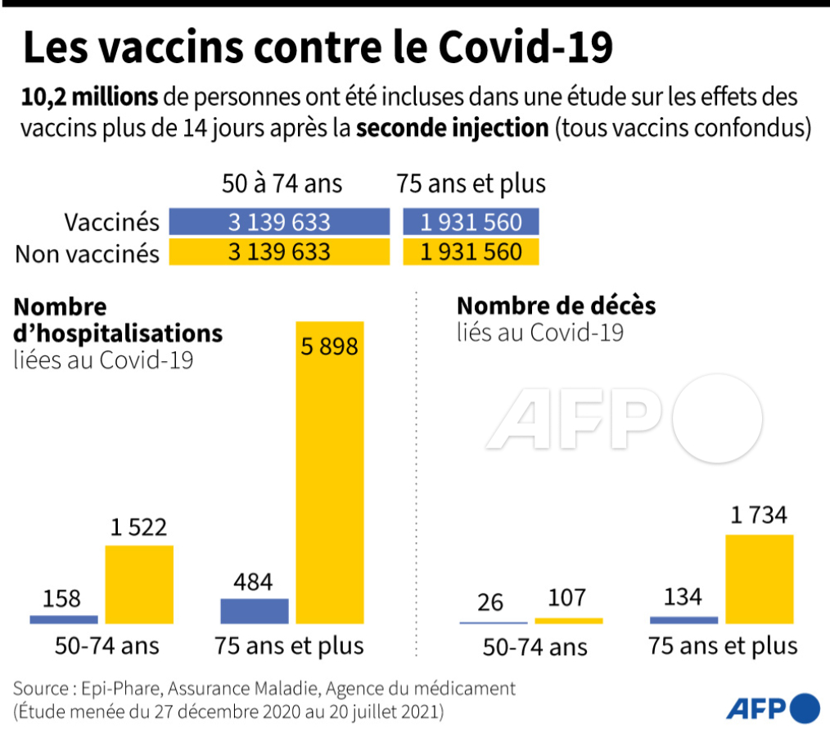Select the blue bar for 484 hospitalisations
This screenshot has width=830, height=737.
coord(255,611)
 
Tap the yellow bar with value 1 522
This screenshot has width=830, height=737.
coord(139,585)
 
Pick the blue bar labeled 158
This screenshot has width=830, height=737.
coord(64,620)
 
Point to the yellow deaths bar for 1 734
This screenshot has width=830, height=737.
coord(760,579)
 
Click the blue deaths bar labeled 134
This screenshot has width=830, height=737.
coord(683,620)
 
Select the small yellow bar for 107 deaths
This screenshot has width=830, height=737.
coord(569,621)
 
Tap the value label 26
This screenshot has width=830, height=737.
coord(490,602)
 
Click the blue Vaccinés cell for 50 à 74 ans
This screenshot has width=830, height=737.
coord(279,222)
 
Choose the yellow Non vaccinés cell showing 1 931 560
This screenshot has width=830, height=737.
coord(471,251)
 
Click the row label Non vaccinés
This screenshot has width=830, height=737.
coord(88,253)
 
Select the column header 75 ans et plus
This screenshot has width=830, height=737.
coord(471,183)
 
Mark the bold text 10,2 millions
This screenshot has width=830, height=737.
coord(90,97)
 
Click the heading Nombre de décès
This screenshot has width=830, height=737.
coord(556,305)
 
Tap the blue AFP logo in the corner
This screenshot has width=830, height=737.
coord(772,708)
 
